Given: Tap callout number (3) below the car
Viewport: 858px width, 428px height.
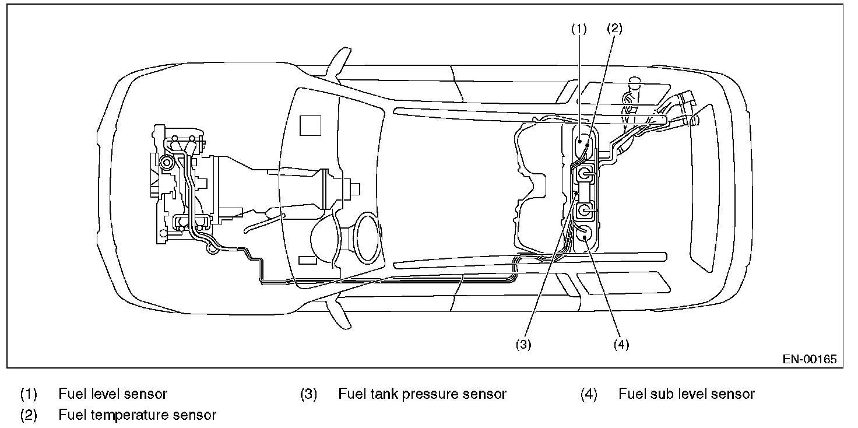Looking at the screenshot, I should click(523, 345).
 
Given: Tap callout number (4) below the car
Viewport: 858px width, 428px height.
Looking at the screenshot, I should click(621, 345).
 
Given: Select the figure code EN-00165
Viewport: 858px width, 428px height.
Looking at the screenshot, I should click(810, 359).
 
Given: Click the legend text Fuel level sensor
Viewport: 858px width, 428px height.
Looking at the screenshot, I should click(112, 394).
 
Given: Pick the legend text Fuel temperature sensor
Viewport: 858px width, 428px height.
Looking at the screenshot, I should click(137, 415).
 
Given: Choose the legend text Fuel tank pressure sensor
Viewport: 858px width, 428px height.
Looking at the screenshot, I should click(422, 394).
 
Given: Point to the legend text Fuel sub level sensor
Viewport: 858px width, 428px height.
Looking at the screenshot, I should click(686, 394).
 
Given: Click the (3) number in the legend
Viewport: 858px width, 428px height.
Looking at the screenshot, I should click(308, 394).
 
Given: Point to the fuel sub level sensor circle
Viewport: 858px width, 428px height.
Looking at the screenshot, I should click(585, 233).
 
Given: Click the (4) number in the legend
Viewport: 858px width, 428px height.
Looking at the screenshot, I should click(589, 394).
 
